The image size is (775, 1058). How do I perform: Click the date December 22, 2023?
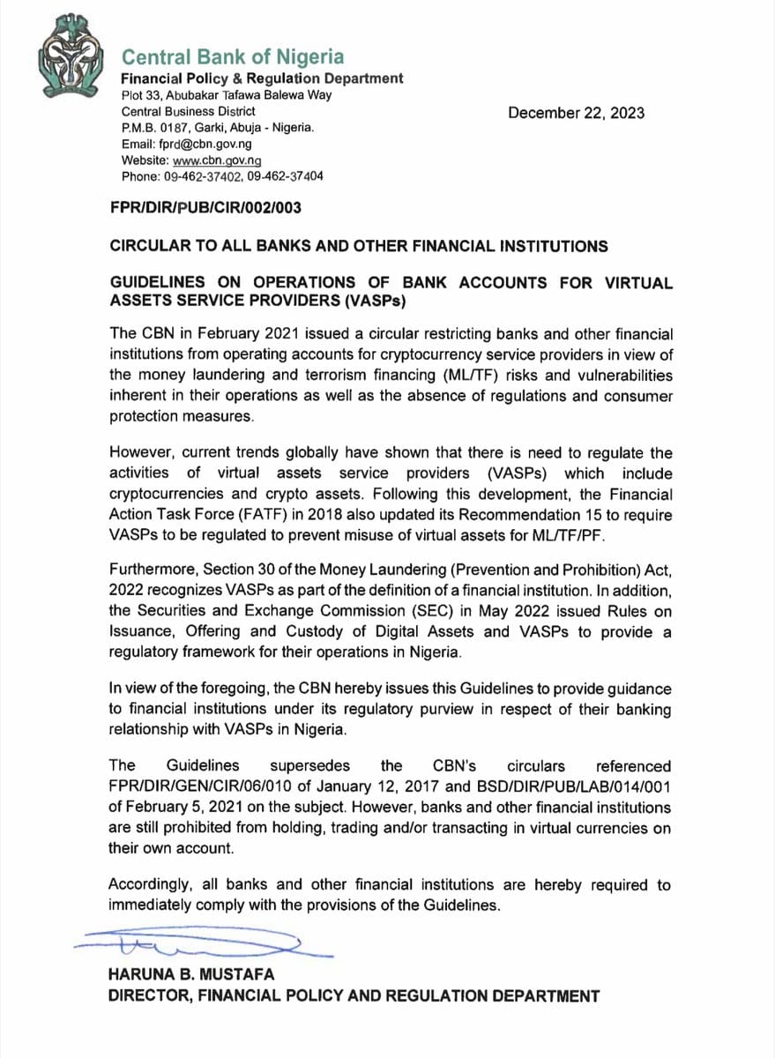pos(576,113)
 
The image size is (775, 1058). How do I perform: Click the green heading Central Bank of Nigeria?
pos(233,57)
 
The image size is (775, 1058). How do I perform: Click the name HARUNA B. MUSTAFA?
pos(190,974)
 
